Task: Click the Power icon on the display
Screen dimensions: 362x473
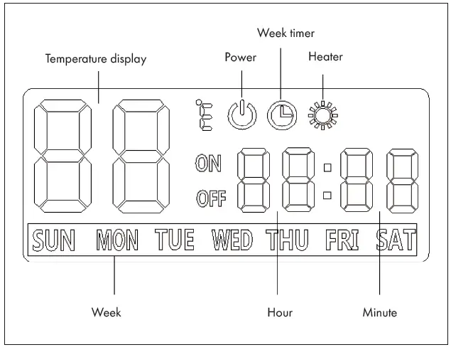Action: click(x=241, y=114)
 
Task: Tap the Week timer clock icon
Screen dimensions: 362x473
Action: click(x=283, y=114)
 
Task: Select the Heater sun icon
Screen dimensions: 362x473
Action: click(x=324, y=114)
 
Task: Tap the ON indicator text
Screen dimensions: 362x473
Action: click(x=208, y=164)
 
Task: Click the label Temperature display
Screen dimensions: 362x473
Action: click(x=96, y=60)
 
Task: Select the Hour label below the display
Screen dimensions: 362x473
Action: click(x=279, y=312)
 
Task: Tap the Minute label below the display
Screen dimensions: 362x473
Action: click(x=380, y=312)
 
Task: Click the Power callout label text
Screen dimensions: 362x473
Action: click(x=240, y=58)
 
